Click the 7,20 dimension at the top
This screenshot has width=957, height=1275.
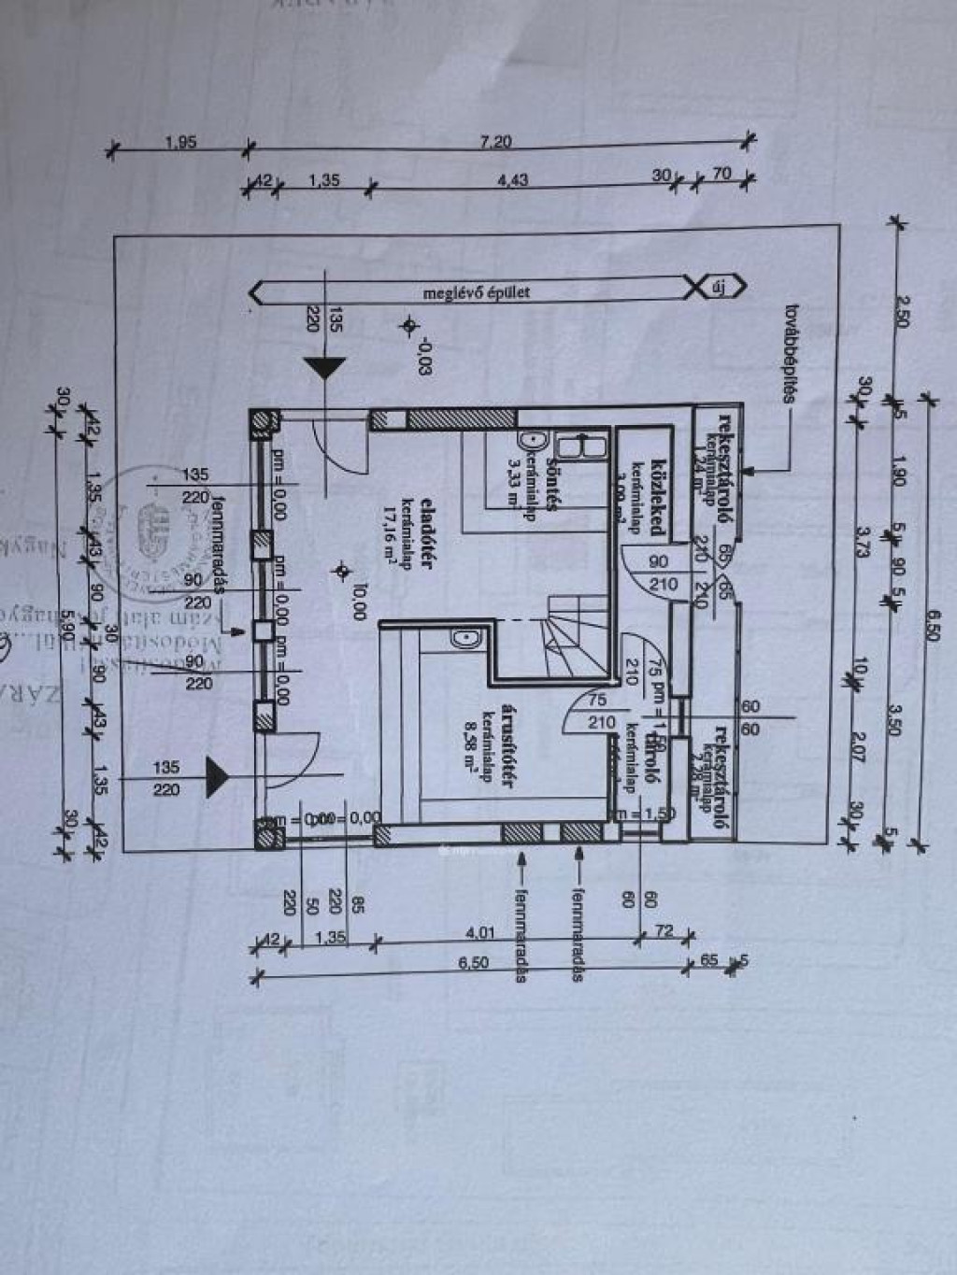[x=496, y=141]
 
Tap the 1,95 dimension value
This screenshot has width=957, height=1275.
[x=180, y=142]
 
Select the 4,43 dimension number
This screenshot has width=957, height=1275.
[x=513, y=180]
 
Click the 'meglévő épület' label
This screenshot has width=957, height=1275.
[x=477, y=291]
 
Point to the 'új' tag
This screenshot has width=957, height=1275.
[x=720, y=287]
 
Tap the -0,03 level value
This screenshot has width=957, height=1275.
[x=425, y=356]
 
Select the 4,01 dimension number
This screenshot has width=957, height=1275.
[x=481, y=932]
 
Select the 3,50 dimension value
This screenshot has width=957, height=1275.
[x=894, y=719]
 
